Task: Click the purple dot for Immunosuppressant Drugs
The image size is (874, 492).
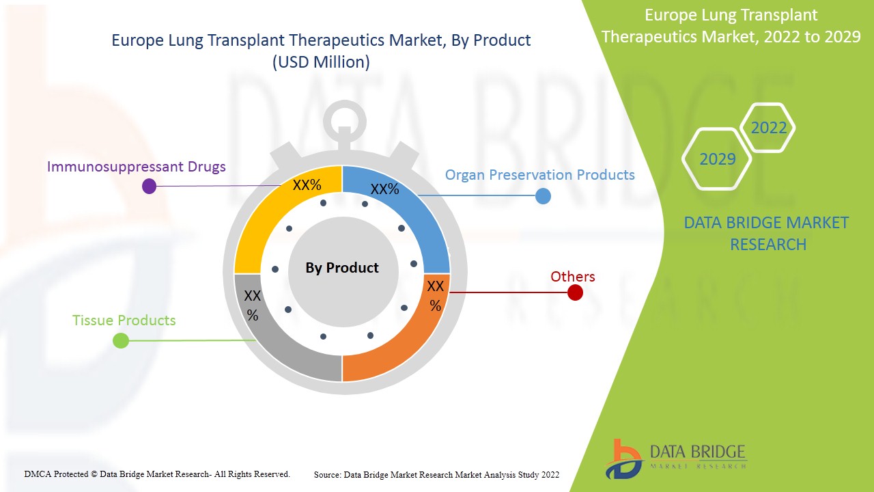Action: coord(149,186)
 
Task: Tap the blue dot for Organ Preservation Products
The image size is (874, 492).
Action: coord(543,196)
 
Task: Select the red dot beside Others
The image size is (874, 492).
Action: coord(575,292)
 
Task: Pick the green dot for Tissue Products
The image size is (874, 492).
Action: coord(121,340)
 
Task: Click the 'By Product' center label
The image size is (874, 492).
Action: coord(342,268)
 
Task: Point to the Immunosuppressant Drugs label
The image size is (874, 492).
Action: coord(137,166)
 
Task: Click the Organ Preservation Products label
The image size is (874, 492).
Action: coord(539,175)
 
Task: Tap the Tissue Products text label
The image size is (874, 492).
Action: coord(124,320)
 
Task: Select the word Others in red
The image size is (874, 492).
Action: coord(573,277)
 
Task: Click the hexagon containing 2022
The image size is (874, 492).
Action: coord(768,128)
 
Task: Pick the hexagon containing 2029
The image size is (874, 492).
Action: coord(717,159)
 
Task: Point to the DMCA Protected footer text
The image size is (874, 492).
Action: coord(157,474)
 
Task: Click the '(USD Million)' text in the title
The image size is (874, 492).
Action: coord(321,62)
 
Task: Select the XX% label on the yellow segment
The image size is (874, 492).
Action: coord(307,185)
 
